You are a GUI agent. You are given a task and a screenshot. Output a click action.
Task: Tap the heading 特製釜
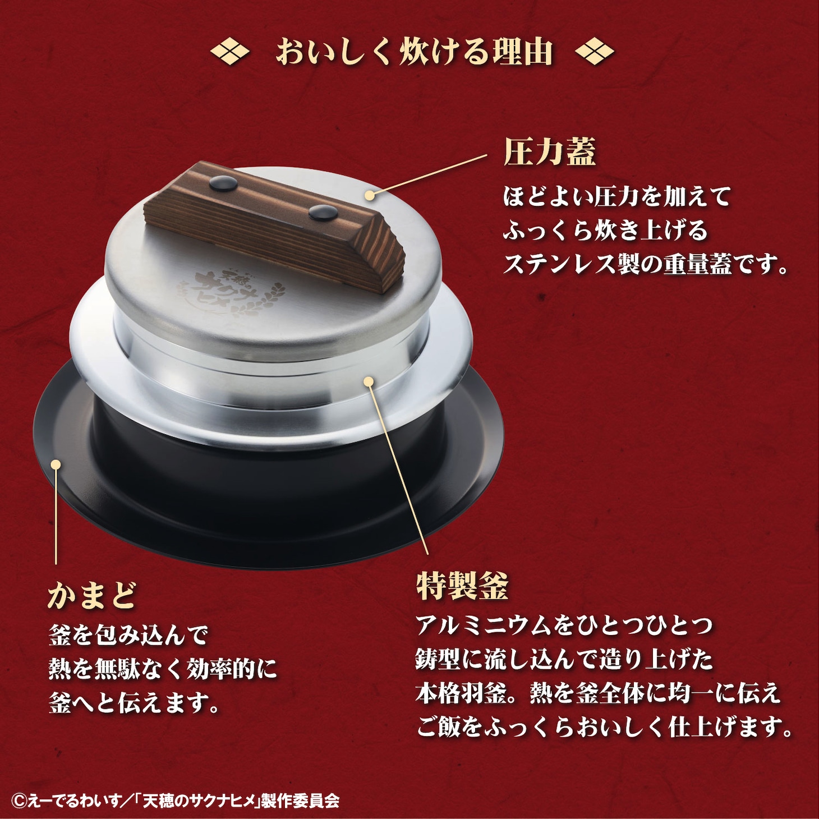click(x=462, y=586)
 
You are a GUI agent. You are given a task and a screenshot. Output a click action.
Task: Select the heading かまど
click(x=93, y=595)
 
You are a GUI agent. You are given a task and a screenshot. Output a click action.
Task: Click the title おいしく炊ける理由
click(x=414, y=53)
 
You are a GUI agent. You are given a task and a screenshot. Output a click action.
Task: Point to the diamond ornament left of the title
click(x=229, y=53)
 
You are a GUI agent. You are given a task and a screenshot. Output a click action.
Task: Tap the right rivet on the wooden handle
click(x=322, y=213)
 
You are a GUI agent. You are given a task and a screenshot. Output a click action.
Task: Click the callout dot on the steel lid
click(x=370, y=195)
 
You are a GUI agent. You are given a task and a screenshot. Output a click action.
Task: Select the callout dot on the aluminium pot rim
click(x=369, y=381)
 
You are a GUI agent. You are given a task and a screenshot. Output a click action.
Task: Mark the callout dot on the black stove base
click(x=56, y=464)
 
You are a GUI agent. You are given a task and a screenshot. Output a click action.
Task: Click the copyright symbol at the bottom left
click(x=19, y=800)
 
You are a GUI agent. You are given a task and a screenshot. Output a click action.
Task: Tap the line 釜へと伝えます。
click(x=135, y=703)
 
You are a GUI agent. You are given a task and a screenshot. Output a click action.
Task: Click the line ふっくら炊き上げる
click(x=605, y=231)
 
